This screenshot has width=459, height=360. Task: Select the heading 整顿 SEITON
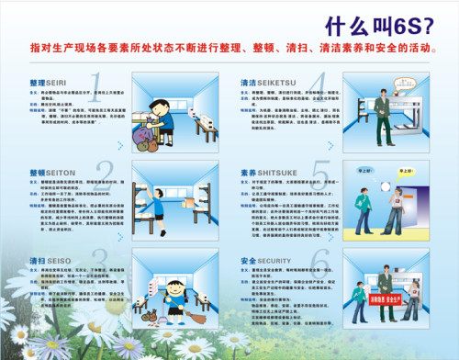[50, 172]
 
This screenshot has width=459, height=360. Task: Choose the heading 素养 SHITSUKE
[270, 172]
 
